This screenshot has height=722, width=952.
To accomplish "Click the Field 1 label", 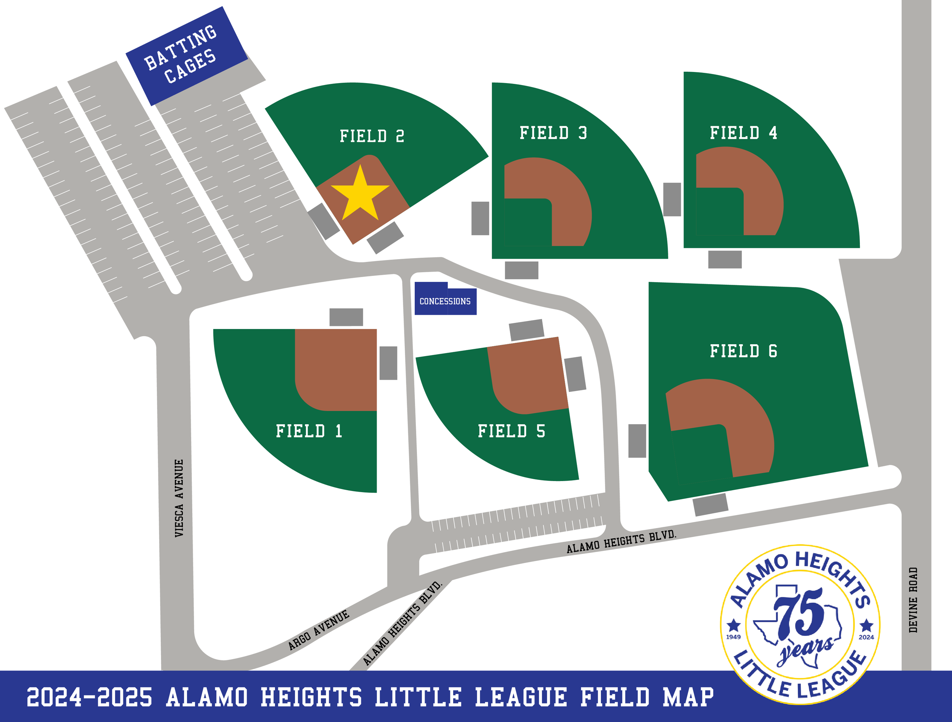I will pos(309,431).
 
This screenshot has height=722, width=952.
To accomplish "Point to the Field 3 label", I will pos(553,133).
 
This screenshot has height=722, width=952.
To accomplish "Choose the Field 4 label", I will pos(743,133).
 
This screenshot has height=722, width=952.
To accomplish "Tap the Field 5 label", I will pos(511,431).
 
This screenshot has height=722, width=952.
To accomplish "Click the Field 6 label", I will pos(743,351).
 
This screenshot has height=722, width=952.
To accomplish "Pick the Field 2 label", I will pos(372,136).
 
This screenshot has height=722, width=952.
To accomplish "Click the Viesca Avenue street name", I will pos(179,498).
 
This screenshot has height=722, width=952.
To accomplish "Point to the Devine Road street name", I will pos(913,600).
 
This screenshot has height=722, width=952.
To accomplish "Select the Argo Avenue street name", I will pos(318,630).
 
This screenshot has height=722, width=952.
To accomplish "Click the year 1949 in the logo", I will pos(733,637).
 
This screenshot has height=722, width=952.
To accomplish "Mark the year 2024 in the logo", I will pos(866,637).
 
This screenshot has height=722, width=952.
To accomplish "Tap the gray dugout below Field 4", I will pos(725,259).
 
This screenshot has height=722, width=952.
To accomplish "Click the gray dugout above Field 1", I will pos(346,317).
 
